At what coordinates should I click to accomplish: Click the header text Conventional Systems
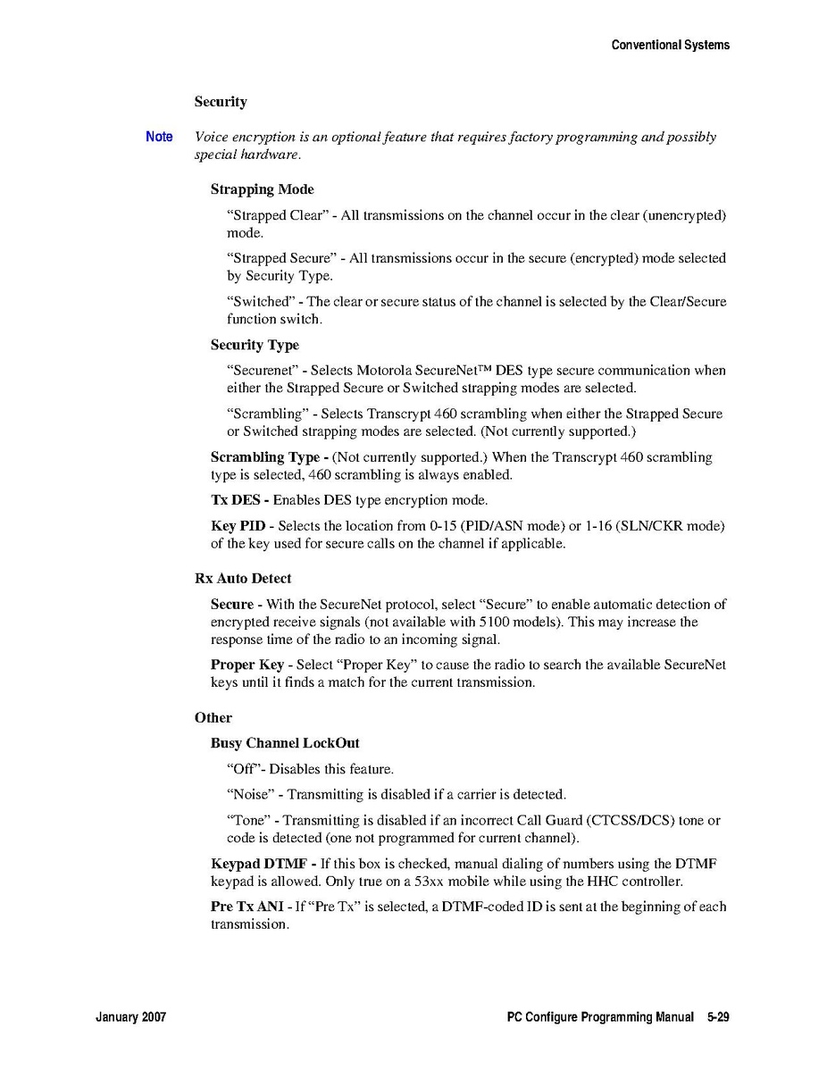click(x=670, y=45)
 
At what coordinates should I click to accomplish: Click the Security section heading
click(x=221, y=102)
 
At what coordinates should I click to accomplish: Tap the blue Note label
click(x=159, y=137)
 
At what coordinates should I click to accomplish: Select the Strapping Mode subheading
click(x=262, y=189)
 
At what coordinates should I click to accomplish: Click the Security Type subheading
click(x=255, y=345)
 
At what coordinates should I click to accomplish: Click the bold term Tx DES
click(x=235, y=500)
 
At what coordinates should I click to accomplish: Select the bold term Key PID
click(x=238, y=526)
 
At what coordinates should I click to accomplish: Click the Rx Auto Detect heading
click(x=243, y=579)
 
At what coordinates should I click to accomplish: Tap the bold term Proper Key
click(x=246, y=665)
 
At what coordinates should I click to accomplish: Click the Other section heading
click(x=213, y=717)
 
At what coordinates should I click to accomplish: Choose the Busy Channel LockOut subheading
click(x=285, y=743)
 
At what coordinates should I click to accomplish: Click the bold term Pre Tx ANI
click(x=246, y=907)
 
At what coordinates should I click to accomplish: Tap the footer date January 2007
click(x=130, y=1017)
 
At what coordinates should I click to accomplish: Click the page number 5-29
click(x=718, y=1017)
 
